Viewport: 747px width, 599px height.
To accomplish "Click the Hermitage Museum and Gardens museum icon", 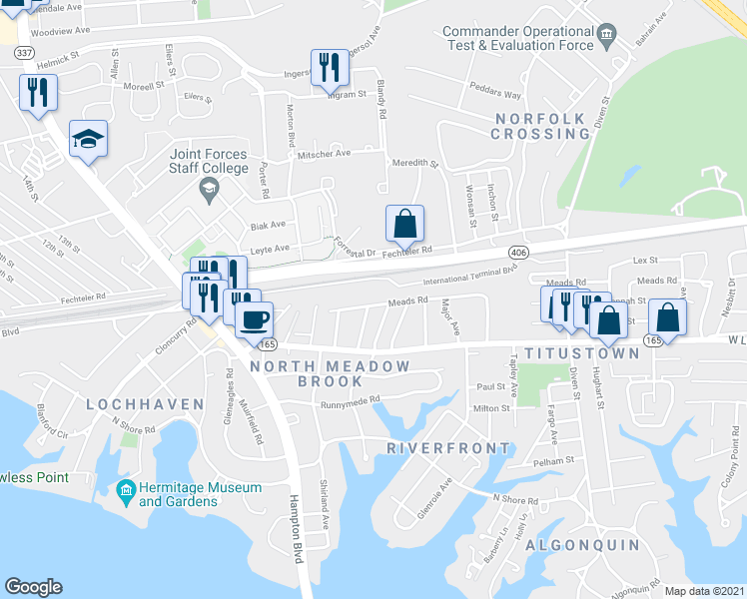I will (x=126, y=489).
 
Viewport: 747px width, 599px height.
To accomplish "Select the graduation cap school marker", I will (x=88, y=139).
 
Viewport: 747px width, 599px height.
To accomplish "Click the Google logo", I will (x=33, y=586).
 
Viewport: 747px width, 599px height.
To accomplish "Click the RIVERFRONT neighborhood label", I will (x=449, y=448).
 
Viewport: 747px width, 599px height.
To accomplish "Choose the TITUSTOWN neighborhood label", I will (x=581, y=353).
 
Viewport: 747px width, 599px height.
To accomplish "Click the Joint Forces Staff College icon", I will (x=209, y=189).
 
